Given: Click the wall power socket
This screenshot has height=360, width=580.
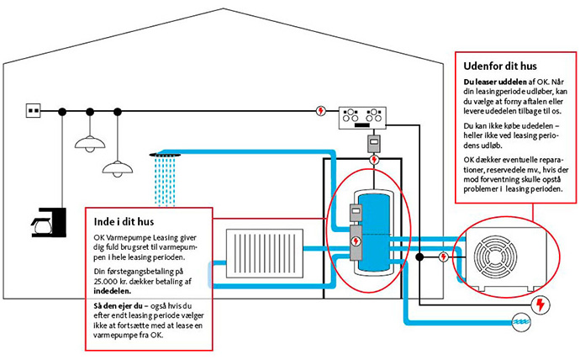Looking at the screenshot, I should pos(34,110).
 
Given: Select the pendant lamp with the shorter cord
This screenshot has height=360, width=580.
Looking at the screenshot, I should pos(90,143).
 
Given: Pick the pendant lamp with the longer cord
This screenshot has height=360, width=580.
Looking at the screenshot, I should pos(118,167).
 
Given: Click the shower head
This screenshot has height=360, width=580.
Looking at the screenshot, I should pos(165,154).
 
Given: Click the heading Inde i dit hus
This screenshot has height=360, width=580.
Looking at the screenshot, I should pos(124,221).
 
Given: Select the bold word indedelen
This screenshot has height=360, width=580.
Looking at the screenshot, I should pos(113,292).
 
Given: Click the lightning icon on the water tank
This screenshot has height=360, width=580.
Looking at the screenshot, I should pos(357,241).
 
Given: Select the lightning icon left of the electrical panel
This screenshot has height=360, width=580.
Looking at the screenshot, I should pos(320,110).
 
